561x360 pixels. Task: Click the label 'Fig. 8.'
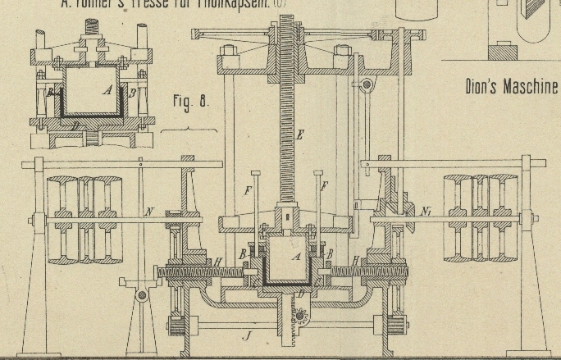pos(191,102)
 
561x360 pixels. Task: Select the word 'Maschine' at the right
pos(531,87)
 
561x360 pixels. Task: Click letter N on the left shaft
pos(148,212)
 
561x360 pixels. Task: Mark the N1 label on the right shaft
pos(426,212)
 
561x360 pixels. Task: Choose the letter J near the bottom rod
pos(246,335)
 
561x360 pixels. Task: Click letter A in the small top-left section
pos(107,90)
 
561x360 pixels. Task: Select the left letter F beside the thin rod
pos(248,192)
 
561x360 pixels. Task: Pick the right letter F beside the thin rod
pos(324,187)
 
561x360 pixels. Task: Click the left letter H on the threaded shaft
pos(217,262)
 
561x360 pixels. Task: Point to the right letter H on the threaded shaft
pos(355,261)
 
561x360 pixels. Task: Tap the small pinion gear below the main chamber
pos(300,316)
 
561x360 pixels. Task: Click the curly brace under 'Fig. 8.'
pos(189,130)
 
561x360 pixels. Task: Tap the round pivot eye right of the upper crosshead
pos(367,84)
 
